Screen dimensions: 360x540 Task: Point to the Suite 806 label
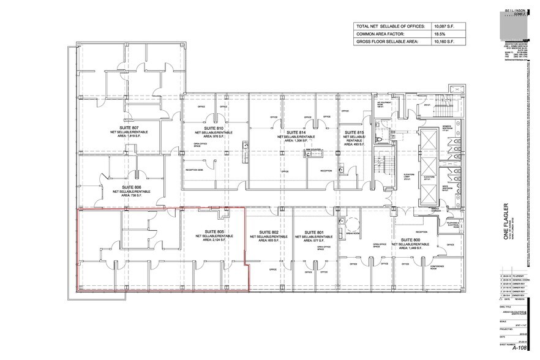(x=131, y=187)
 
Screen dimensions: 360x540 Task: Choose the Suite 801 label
(x=312, y=232)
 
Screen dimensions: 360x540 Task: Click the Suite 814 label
(x=296, y=132)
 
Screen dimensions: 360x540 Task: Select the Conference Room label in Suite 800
(x=437, y=266)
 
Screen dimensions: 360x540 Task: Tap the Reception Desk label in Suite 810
(x=194, y=170)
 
